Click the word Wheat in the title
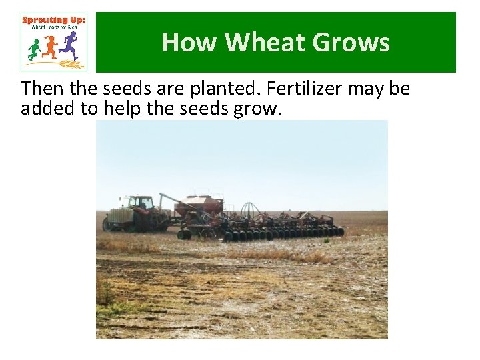click(267, 43)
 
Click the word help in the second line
click(121, 109)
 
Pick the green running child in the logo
click(34, 49)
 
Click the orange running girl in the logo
click(51, 47)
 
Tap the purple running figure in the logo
click(69, 45)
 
